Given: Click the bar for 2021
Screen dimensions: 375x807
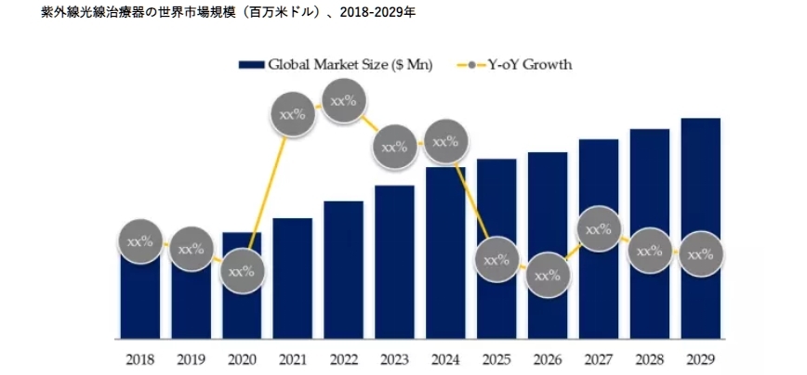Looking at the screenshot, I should pos(293,278).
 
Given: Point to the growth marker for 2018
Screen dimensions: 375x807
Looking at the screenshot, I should pos(139,242).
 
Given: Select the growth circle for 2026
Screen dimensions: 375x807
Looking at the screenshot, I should pos(548,275).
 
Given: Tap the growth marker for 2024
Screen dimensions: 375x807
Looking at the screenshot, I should pos(445,143).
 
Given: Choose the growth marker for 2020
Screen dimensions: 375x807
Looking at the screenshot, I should pos(242,272).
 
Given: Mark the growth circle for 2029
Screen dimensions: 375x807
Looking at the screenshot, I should pos(700,252).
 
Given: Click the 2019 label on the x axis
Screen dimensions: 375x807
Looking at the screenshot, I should pos(191,357).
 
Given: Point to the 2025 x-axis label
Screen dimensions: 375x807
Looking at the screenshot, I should pos(496,357).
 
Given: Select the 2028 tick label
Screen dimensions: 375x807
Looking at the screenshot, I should pos(649,357).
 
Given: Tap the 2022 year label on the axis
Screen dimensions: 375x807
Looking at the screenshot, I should pos(343,357).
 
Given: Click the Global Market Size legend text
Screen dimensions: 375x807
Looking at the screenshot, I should pos(350,65).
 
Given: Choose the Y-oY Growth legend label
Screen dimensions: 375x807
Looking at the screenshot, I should pos(531,65).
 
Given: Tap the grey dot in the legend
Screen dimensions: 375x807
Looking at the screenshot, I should pos(474,65).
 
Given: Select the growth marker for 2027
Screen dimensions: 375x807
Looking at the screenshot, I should pos(599,228).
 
